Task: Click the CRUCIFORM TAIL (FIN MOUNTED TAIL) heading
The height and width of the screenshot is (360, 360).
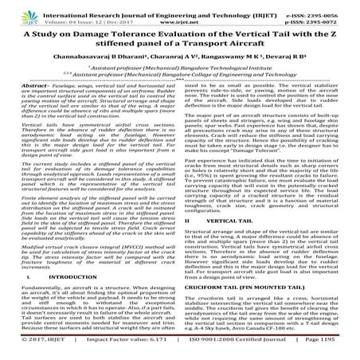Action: click(237, 284)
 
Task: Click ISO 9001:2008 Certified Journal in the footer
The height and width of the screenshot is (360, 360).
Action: click(225, 350)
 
